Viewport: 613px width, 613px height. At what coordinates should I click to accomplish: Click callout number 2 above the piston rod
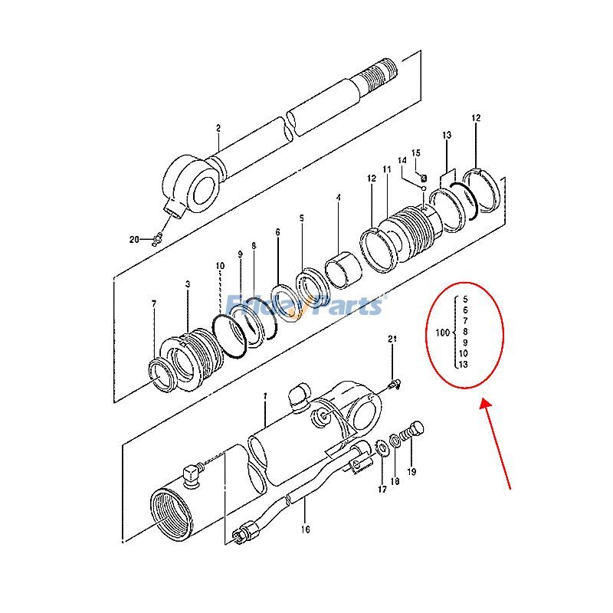coord(218,128)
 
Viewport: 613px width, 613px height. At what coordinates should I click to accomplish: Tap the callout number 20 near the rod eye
coord(134,240)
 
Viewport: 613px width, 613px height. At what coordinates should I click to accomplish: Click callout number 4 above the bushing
coord(338,198)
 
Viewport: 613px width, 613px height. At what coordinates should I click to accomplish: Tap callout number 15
coord(416,153)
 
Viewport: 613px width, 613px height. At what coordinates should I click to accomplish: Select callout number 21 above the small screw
coord(392,339)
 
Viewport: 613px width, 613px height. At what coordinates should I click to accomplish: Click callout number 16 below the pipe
coord(305,528)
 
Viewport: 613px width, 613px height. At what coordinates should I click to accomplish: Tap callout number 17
coord(381,489)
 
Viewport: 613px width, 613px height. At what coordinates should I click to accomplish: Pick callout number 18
coord(395,481)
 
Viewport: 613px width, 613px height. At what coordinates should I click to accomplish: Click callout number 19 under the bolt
coord(411,472)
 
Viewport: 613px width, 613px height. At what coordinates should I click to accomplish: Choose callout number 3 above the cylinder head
coord(188,284)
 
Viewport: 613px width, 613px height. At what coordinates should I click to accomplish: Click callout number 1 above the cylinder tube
coord(265,396)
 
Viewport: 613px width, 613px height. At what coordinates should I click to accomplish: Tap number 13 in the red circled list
coord(463,365)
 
